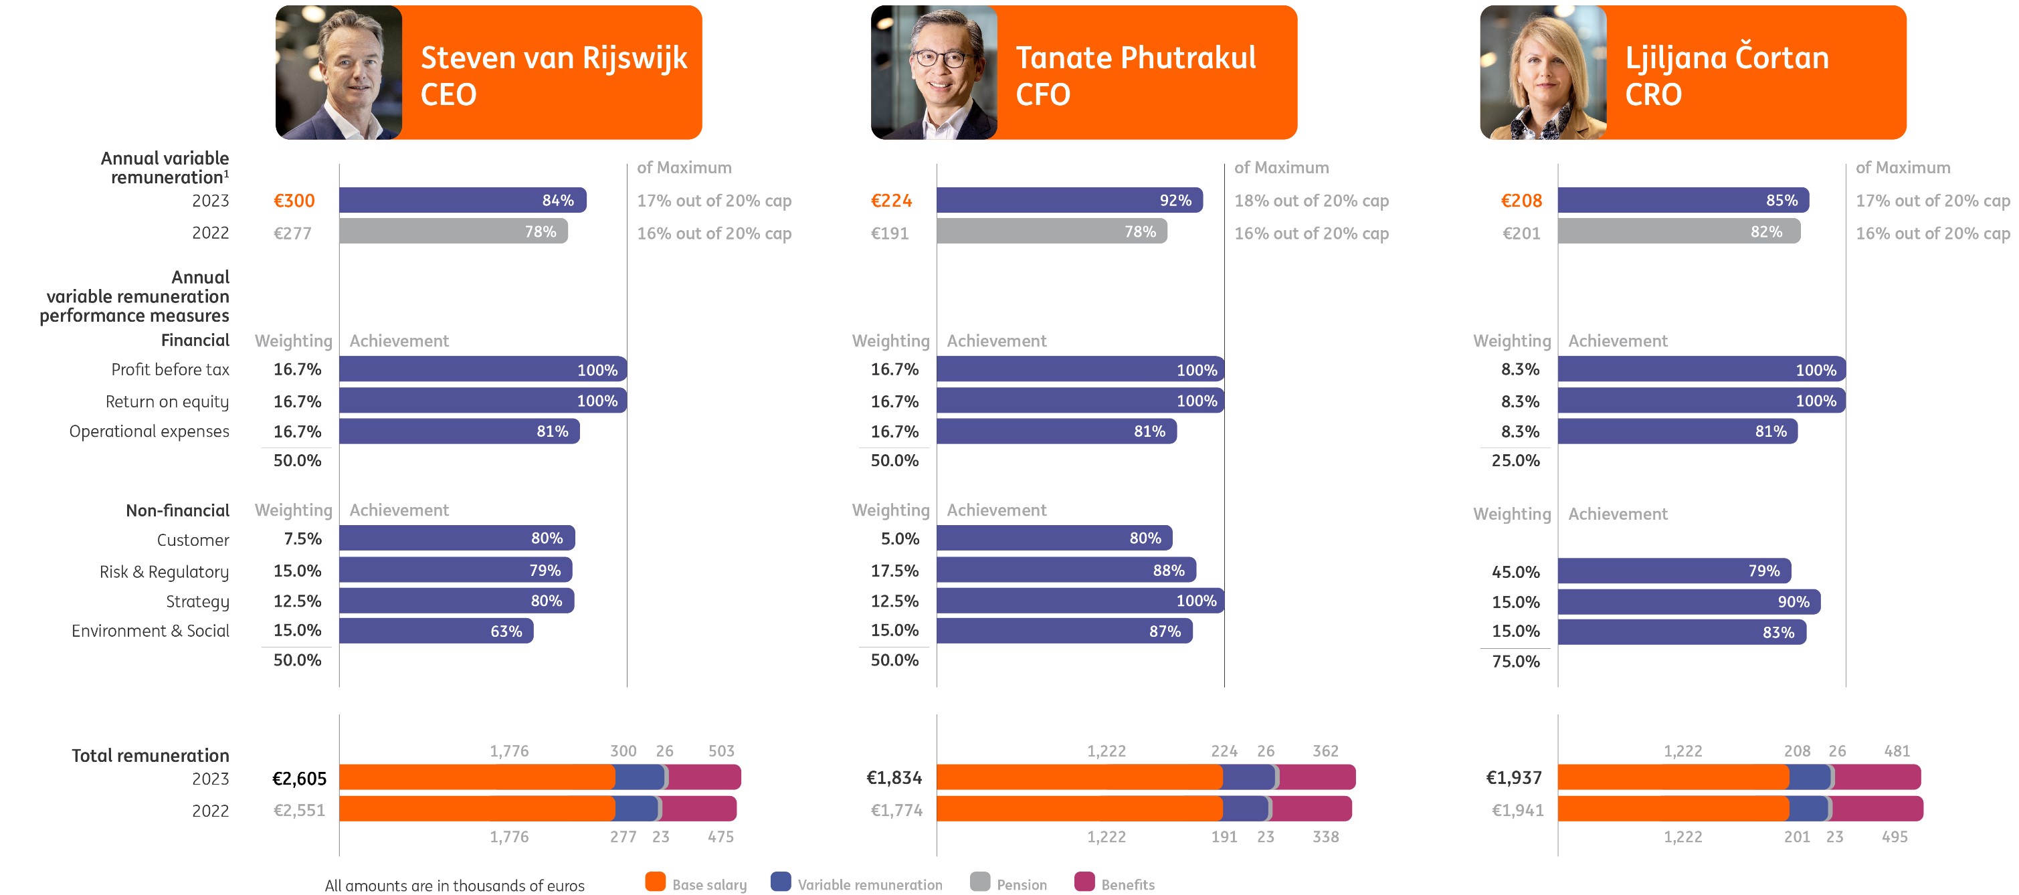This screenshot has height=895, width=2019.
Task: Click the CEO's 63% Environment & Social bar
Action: tap(436, 631)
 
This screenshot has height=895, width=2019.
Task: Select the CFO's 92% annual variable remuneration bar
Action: tap(1068, 200)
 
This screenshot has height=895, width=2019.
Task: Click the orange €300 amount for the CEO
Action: tap(294, 201)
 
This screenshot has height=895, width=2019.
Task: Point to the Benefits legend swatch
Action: tap(1084, 882)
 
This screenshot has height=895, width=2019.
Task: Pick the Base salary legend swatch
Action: tap(655, 882)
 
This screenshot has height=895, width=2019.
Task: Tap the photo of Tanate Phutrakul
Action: tap(933, 73)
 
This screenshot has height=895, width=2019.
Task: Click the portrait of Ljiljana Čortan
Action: tap(1543, 73)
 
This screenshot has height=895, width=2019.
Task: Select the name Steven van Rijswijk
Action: tap(553, 58)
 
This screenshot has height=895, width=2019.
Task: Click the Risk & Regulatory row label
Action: tap(164, 571)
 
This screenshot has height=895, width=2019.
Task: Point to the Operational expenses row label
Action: tap(149, 431)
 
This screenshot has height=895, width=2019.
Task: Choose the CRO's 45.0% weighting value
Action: tap(1515, 571)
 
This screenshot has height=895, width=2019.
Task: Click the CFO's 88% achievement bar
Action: tap(1066, 570)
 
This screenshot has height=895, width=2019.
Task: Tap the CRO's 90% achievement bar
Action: tap(1689, 602)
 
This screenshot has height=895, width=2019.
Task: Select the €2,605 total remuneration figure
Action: tap(298, 778)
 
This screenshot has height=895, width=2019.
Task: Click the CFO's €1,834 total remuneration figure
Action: tap(894, 777)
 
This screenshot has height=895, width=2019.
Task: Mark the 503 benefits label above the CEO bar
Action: tap(721, 751)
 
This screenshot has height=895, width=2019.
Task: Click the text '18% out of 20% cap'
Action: tap(1311, 201)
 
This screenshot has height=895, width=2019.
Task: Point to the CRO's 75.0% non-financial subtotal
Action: tap(1515, 661)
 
